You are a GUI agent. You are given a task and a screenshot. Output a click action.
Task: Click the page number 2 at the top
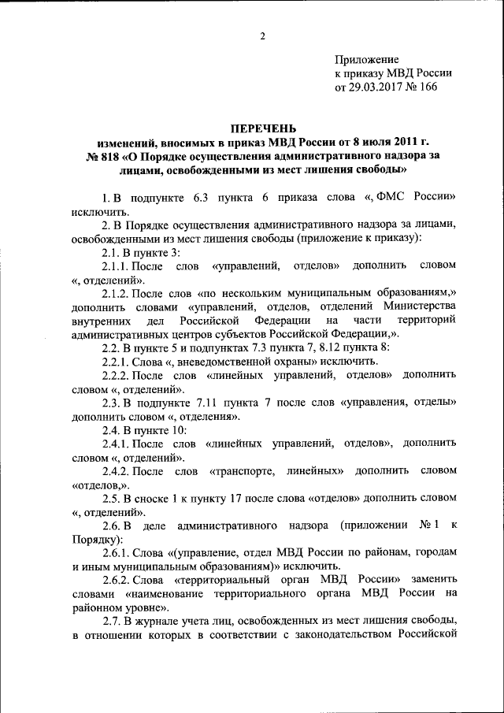click(x=262, y=35)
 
